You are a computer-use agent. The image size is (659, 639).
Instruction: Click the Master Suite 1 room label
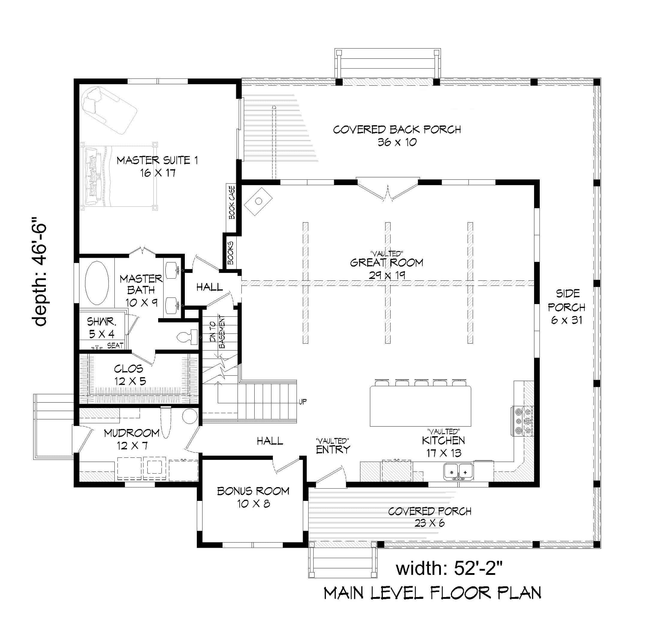(x=157, y=166)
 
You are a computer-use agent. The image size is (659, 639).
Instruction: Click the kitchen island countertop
(x=420, y=406)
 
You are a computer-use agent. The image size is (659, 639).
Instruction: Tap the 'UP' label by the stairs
(x=303, y=401)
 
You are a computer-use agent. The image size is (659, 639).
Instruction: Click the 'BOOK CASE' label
(x=232, y=202)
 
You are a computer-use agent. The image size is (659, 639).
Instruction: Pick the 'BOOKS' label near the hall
(x=231, y=253)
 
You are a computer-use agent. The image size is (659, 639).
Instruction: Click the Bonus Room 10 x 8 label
(x=253, y=497)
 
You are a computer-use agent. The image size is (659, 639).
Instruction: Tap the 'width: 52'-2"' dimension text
(x=449, y=568)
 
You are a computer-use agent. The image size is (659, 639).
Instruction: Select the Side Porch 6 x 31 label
(x=566, y=307)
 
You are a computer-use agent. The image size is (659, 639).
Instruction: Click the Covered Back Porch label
(x=397, y=135)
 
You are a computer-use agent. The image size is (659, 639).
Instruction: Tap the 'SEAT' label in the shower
(x=115, y=345)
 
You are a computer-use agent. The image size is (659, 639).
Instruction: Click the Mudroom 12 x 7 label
(x=132, y=439)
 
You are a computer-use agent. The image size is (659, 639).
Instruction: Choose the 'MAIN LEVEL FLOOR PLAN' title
(x=432, y=602)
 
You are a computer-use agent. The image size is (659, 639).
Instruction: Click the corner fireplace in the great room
(x=258, y=201)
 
